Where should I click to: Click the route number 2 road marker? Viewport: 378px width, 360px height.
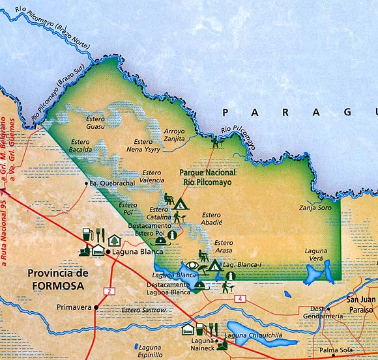pyautogui.click(x=110, y=290)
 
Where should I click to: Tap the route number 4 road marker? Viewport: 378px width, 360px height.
pyautogui.click(x=241, y=299)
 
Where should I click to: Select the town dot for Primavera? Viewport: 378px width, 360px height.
pyautogui.click(x=96, y=306)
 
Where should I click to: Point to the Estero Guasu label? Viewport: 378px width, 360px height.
pyautogui.click(x=96, y=123)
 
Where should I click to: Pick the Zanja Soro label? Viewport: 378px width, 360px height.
pyautogui.click(x=315, y=208)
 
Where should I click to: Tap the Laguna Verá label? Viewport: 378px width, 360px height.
pyautogui.click(x=318, y=255)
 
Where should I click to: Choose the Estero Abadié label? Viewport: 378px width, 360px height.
pyautogui.click(x=212, y=218)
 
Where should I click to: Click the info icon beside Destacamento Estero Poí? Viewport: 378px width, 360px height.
pyautogui.click(x=172, y=234)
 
